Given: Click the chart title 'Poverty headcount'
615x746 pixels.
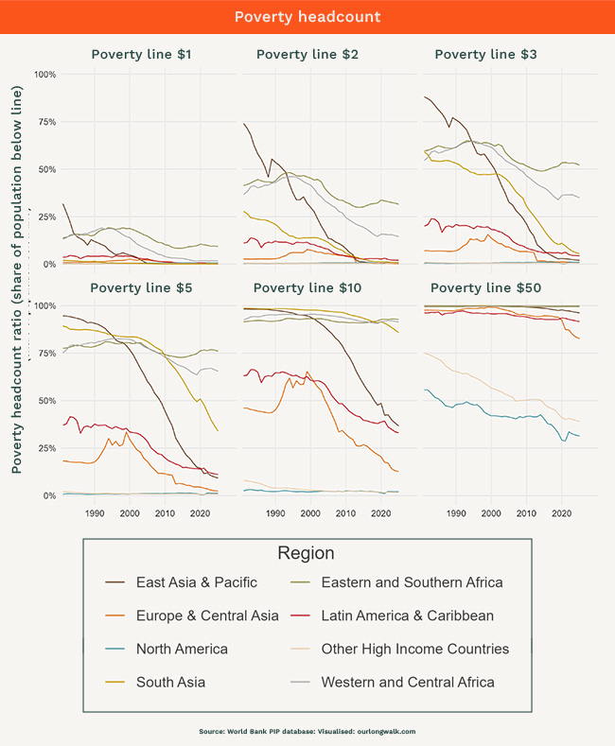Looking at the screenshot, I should pyautogui.click(x=307, y=18).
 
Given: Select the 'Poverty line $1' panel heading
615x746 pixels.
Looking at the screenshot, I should pyautogui.click(x=141, y=55).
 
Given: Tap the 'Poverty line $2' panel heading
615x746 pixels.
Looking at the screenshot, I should pyautogui.click(x=307, y=55).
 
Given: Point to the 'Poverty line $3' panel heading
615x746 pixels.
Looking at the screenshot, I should pyautogui.click(x=486, y=55).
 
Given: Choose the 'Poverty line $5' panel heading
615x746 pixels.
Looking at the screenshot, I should pyautogui.click(x=141, y=286).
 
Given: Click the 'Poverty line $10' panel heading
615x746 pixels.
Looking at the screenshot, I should pyautogui.click(x=307, y=286).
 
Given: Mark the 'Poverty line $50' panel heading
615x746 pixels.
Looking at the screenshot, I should pyautogui.click(x=486, y=286).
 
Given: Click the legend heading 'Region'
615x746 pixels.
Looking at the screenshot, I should pyautogui.click(x=306, y=553).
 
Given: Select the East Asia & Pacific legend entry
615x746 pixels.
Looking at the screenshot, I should pyautogui.click(x=196, y=582).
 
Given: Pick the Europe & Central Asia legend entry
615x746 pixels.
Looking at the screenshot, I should pyautogui.click(x=206, y=616).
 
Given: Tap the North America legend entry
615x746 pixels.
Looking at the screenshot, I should pyautogui.click(x=182, y=649).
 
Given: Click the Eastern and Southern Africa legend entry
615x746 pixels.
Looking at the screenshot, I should pyautogui.click(x=413, y=582).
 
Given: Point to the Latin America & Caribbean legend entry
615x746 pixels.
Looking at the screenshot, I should pyautogui.click(x=407, y=616).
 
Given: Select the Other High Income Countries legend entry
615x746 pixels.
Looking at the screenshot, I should pyautogui.click(x=414, y=649).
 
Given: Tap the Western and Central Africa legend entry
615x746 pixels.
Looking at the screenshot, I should pyautogui.click(x=408, y=682).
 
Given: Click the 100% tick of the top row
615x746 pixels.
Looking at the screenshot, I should pyautogui.click(x=45, y=74).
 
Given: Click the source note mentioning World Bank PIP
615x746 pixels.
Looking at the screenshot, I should pyautogui.click(x=307, y=731).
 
